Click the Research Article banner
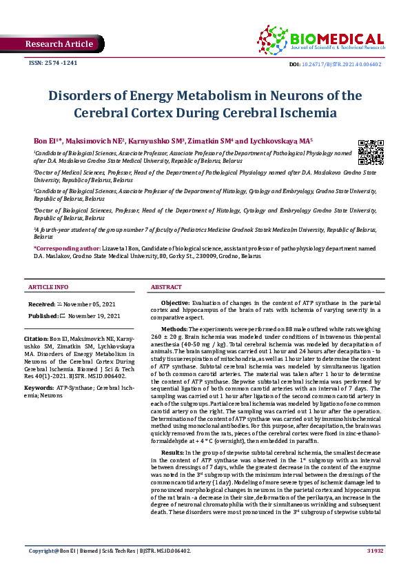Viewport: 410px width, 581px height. [59, 44]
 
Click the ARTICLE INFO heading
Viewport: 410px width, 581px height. [48, 286]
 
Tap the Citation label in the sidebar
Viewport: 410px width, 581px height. [36, 339]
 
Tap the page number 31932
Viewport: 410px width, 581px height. [374, 571]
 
